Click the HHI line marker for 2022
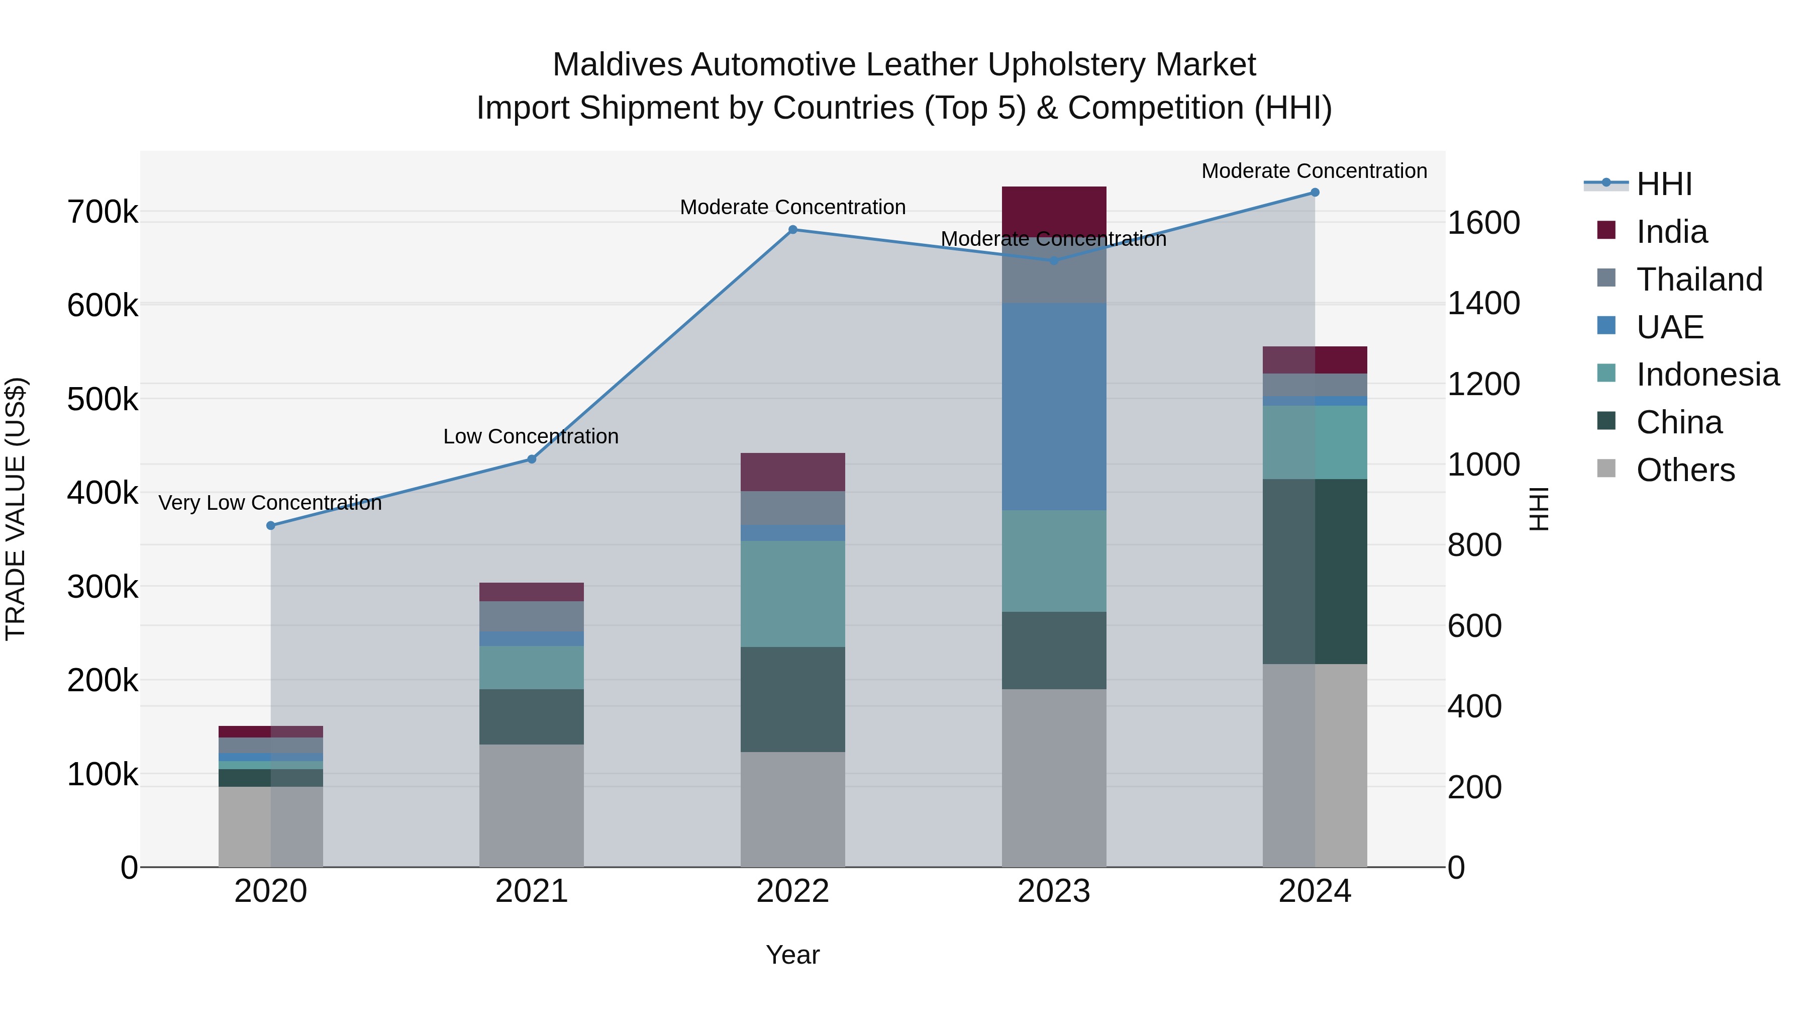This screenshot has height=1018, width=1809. pos(793,230)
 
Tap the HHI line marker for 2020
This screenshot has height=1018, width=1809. pos(271,525)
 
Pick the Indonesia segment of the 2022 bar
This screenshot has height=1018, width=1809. pos(793,593)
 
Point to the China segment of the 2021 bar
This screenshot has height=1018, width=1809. pos(532,716)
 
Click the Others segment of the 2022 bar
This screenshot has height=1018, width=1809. pos(793,809)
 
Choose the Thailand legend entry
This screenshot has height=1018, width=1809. pos(1699,280)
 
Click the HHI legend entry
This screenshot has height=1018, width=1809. pos(1664,184)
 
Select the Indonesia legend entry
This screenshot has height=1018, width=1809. pos(1707,375)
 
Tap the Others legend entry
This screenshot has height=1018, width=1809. pos(1685,470)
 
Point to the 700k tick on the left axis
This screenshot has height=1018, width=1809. pos(103,212)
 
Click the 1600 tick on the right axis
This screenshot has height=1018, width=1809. pos(1483,223)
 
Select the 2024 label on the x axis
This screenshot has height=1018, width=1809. pos(1315,891)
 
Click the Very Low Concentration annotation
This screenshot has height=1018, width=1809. pos(270,503)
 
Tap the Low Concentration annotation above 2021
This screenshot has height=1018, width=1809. pos(531,436)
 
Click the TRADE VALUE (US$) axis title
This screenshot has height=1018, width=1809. pos(16,509)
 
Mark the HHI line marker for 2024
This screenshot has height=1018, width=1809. pos(1315,193)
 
